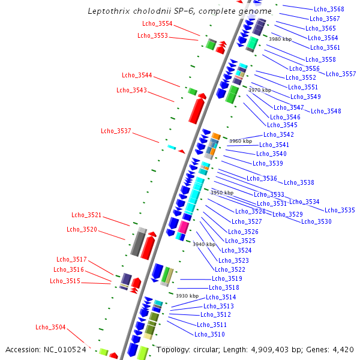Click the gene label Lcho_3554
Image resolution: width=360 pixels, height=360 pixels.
pos(157,23)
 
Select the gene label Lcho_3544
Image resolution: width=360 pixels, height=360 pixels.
pos(137,76)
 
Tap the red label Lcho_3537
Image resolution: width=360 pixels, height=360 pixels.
pos(116,131)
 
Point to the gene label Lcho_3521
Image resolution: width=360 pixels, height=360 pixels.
pos(86,215)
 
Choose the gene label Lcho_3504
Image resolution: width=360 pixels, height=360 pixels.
pos(50,327)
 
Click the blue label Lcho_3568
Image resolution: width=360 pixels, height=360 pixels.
pos(329,9)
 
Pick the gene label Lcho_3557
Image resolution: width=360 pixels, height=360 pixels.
pos(341,74)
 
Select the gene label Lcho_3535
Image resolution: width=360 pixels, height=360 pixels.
pos(340,211)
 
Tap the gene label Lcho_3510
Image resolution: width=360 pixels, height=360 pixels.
pos(209,335)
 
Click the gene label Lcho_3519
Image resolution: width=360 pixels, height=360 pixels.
pos(227,279)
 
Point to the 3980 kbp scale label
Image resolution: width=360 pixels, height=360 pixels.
pos(280,39)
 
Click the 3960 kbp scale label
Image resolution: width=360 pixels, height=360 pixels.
pos(241,142)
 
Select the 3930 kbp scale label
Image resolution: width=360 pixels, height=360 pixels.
pos(187,296)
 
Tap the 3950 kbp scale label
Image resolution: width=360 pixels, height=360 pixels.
pos(221,193)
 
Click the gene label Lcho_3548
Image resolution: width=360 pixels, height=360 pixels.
pos(326,111)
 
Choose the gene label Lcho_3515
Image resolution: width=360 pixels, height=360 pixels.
pos(65,281)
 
